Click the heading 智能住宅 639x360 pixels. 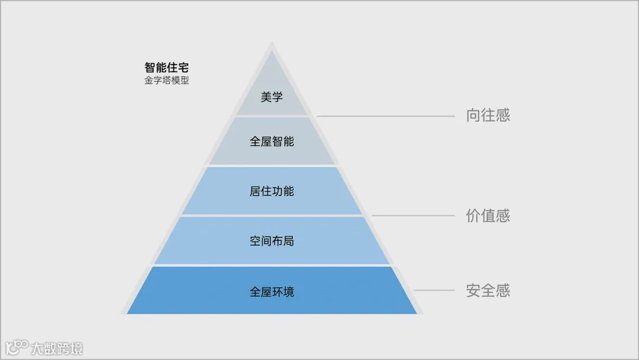[x=166, y=67]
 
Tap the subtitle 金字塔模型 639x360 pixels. [x=166, y=80]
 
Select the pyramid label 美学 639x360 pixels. [x=272, y=97]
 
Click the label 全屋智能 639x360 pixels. [x=272, y=142]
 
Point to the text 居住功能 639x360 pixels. [x=272, y=191]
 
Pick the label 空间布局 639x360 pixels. [x=272, y=241]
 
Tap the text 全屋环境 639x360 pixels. [x=272, y=292]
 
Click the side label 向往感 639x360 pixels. [x=488, y=115]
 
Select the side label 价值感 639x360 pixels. [x=488, y=216]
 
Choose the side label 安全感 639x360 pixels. [x=488, y=291]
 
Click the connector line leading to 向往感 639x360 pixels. [x=385, y=116]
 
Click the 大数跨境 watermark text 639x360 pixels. [x=57, y=348]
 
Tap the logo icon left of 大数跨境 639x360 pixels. [x=17, y=347]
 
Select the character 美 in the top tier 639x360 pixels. [x=266, y=97]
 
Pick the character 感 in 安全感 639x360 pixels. [x=502, y=291]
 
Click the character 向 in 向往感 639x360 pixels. [x=473, y=115]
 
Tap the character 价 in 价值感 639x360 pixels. [x=473, y=216]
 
